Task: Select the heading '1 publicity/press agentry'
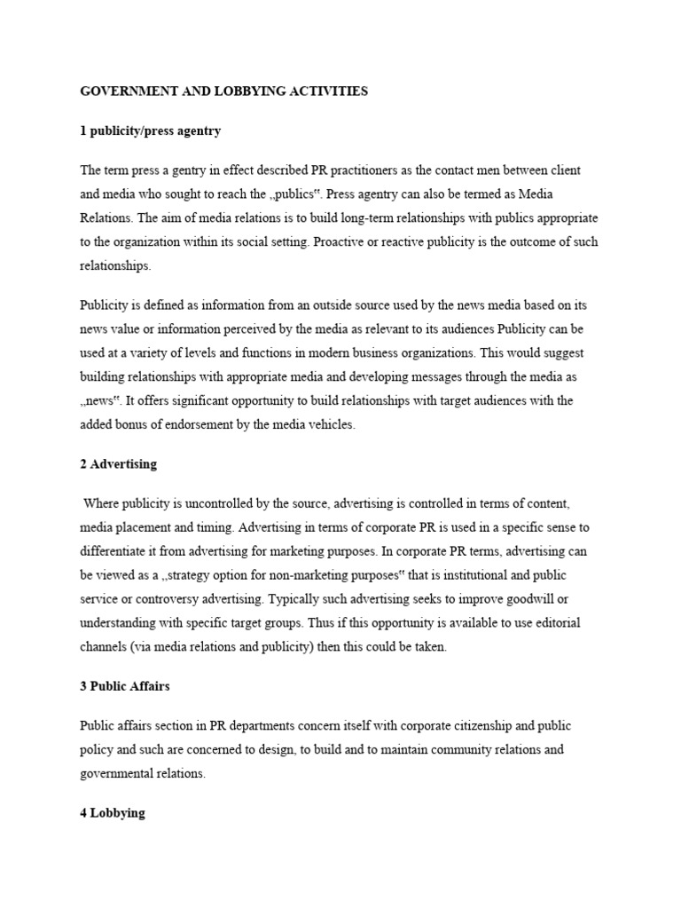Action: pyautogui.click(x=150, y=130)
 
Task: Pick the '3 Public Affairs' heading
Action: pyautogui.click(x=125, y=686)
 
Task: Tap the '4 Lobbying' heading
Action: pyautogui.click(x=113, y=813)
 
